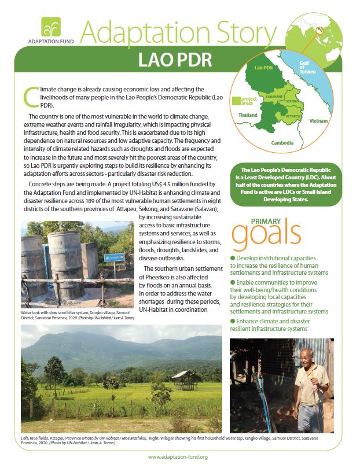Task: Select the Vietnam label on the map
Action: click(318, 120)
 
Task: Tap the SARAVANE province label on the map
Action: click(274, 97)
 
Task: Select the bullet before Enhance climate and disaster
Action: click(233, 320)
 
